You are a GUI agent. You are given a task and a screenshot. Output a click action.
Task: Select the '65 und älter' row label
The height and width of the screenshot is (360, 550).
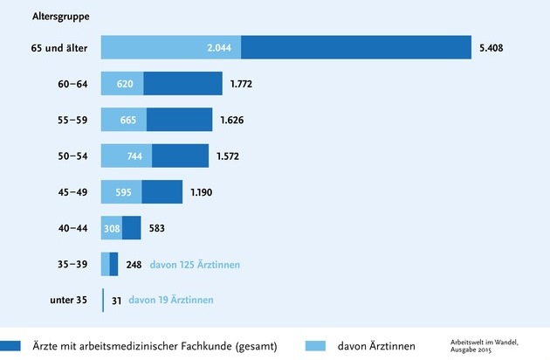point(60,47)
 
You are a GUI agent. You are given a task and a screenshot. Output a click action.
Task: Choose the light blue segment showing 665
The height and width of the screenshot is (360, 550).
point(124,120)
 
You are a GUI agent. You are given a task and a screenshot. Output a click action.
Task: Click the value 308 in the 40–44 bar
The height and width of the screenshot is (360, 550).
point(112,228)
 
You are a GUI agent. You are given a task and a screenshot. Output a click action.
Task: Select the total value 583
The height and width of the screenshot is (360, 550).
point(158,228)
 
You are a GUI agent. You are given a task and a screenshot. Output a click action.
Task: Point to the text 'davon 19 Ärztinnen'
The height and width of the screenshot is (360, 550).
point(170,301)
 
